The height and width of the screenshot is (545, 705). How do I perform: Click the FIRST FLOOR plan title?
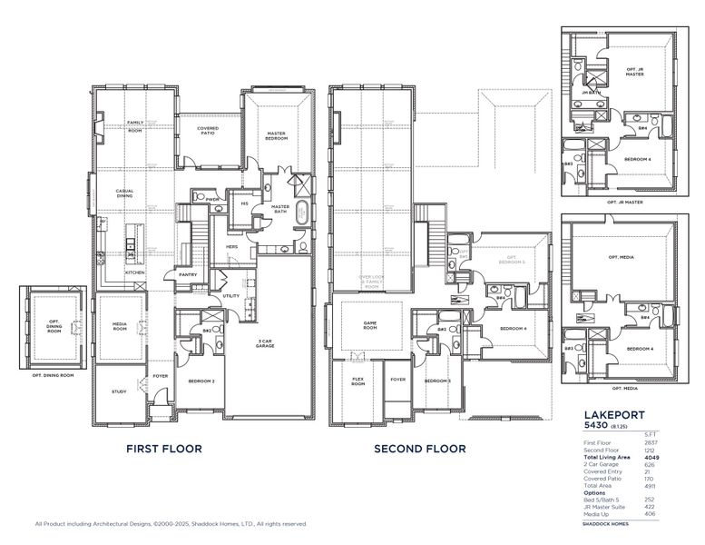click(x=163, y=449)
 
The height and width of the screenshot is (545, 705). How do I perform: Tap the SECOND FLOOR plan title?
click(x=420, y=449)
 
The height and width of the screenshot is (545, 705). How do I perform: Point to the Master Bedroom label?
click(x=277, y=136)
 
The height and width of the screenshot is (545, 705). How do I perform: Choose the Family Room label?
click(x=135, y=127)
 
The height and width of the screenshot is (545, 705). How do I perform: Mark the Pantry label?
click(x=188, y=274)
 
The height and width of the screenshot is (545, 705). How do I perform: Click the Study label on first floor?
click(x=119, y=392)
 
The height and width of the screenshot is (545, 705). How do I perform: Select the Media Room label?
click(x=120, y=327)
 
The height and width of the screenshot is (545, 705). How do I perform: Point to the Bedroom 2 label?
click(x=201, y=381)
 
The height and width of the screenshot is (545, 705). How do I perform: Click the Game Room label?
click(x=370, y=327)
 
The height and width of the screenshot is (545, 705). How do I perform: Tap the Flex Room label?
click(x=357, y=382)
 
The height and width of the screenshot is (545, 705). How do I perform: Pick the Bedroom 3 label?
click(x=437, y=381)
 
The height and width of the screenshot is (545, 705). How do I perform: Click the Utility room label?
click(x=230, y=296)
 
